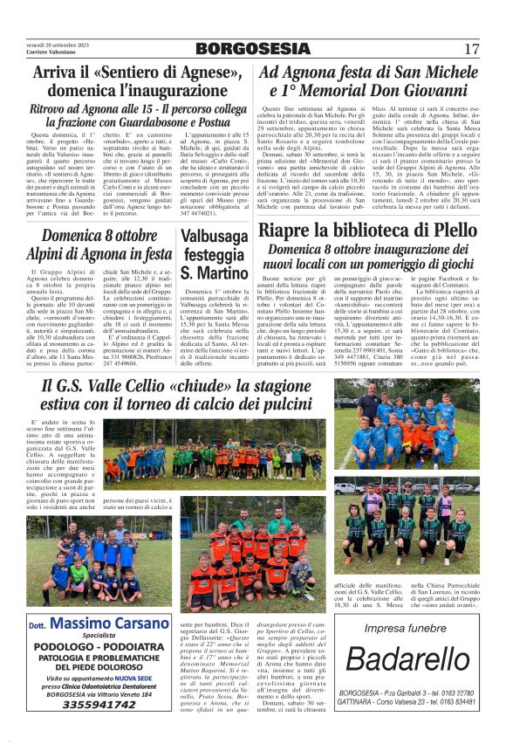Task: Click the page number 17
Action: [x=472, y=48]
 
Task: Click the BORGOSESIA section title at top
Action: [x=251, y=49]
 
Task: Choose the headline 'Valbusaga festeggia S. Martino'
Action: [x=212, y=254]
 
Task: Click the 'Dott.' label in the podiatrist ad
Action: [x=38, y=625]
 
